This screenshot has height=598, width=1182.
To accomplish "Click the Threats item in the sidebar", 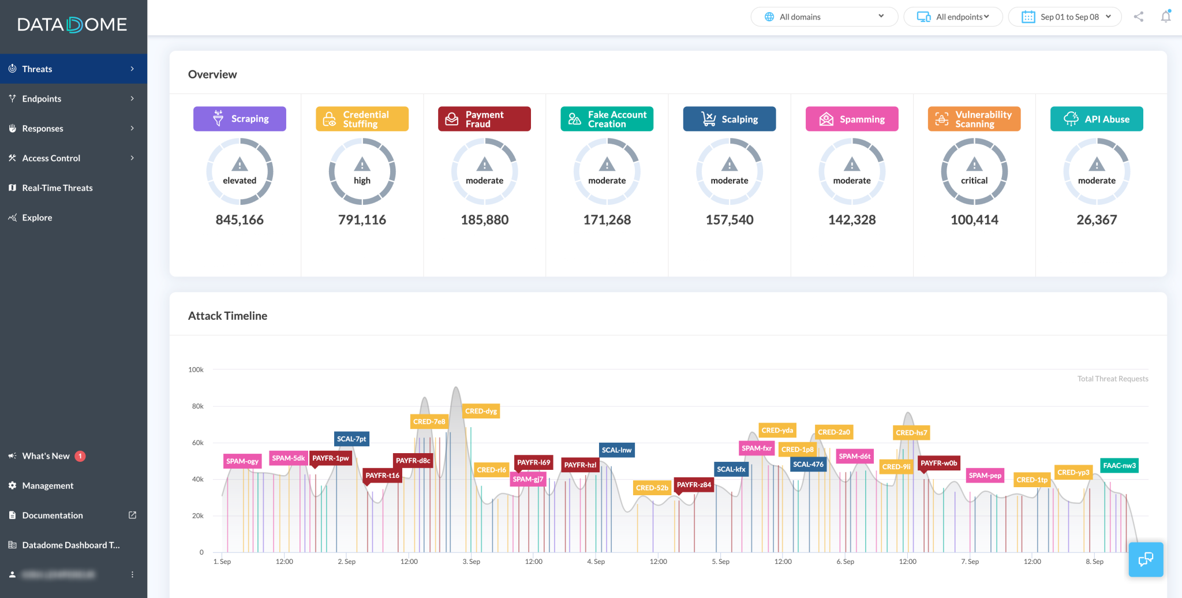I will tap(37, 69).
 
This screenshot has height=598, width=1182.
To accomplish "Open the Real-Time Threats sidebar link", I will tap(57, 188).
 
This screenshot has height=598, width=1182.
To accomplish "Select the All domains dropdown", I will tap(824, 17).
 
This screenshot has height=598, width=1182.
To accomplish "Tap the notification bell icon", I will tap(1166, 17).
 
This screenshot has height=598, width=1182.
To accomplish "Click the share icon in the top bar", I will tap(1138, 17).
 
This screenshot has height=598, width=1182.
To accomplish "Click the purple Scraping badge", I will tap(240, 119).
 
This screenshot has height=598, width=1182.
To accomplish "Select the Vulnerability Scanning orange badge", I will tap(974, 119).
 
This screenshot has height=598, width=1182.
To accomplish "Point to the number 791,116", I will tap(362, 220).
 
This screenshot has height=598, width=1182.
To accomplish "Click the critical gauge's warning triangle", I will tap(974, 165).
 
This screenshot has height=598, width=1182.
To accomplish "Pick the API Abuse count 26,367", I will tap(1097, 220).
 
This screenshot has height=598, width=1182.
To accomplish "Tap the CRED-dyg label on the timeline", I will tap(481, 411).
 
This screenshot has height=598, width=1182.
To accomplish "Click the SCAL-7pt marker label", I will tap(351, 439).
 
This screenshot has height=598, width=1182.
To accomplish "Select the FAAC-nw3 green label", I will tap(1119, 465).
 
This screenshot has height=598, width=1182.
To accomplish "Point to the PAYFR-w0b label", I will tap(938, 463).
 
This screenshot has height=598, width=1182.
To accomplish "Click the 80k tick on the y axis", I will tap(198, 406).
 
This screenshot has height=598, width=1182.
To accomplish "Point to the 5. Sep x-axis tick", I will tap(720, 562).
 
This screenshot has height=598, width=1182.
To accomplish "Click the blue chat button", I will tap(1146, 559).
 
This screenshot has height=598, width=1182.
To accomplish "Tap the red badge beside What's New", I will tap(80, 456).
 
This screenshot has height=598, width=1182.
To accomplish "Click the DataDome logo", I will tap(72, 25).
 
